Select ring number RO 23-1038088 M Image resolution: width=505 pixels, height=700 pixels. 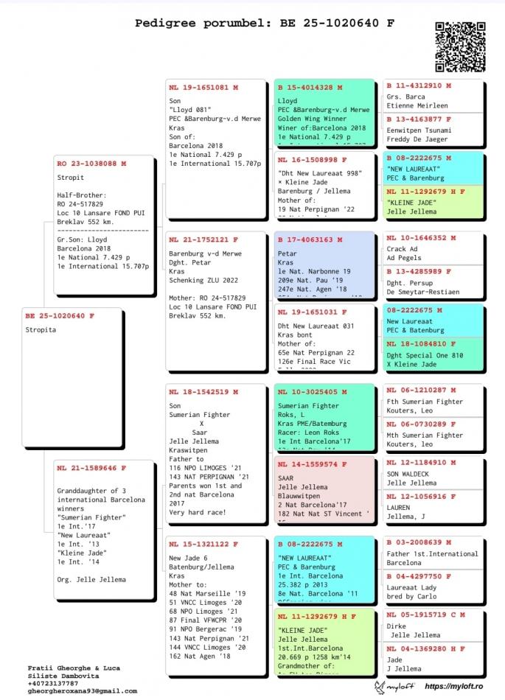(x=91, y=163)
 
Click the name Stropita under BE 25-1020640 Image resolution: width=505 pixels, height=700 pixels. (x=42, y=330)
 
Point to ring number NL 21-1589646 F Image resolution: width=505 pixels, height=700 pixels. (x=91, y=467)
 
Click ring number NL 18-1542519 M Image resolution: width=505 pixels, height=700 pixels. (x=203, y=391)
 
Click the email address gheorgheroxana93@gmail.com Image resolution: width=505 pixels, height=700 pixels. (x=83, y=690)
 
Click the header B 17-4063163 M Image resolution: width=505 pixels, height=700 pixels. (x=310, y=239)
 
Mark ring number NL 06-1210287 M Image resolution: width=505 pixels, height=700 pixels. (x=420, y=390)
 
